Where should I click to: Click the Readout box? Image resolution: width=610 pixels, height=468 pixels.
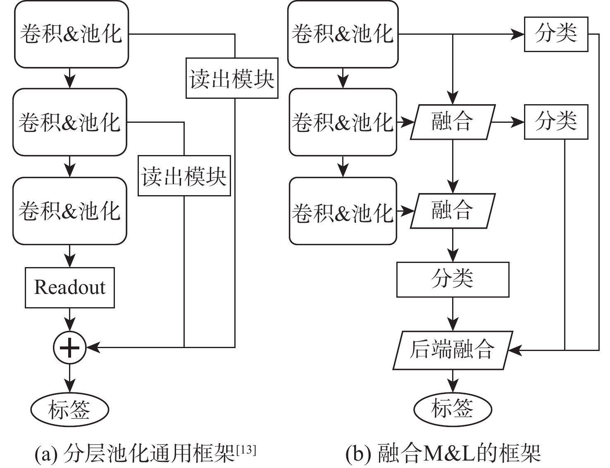pyautogui.click(x=69, y=288)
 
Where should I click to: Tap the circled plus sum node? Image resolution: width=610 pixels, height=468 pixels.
pyautogui.click(x=69, y=347)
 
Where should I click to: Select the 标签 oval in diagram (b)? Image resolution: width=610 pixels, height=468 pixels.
pyautogui.click(x=453, y=408)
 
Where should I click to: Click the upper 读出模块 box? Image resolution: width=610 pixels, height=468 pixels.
pyautogui.click(x=231, y=78)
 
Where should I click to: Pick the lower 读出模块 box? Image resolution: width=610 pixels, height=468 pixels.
pyautogui.click(x=184, y=176)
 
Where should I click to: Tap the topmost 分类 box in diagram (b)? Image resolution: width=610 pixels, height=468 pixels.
pyautogui.click(x=556, y=34)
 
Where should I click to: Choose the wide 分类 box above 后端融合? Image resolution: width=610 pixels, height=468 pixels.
pyautogui.click(x=453, y=279)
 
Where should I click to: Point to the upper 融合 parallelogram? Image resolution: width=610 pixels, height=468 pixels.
pyautogui.click(x=453, y=122)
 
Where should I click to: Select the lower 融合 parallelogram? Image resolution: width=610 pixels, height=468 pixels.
pyautogui.click(x=453, y=211)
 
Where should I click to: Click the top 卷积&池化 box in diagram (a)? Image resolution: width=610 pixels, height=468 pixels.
pyautogui.click(x=71, y=34)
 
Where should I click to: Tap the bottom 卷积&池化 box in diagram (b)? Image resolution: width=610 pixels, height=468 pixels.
pyautogui.click(x=343, y=211)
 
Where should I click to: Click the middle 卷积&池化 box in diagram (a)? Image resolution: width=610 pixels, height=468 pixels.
pyautogui.click(x=69, y=122)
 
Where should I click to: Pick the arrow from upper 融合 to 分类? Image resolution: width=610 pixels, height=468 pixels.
pyautogui.click(x=508, y=122)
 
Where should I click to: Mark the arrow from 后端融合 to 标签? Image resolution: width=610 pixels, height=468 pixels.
pyautogui.click(x=453, y=380)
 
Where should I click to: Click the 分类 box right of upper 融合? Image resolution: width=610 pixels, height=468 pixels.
pyautogui.click(x=556, y=122)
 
